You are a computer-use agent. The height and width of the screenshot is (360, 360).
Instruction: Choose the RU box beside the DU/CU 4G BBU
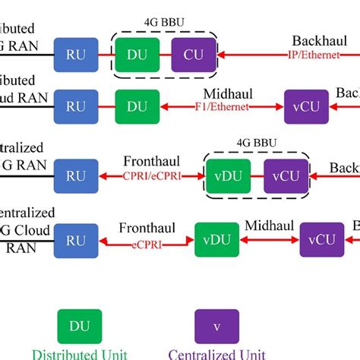pyautogui.click(x=76, y=55)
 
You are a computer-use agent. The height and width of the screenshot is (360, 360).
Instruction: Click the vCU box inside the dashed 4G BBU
pyautogui.click(x=286, y=176)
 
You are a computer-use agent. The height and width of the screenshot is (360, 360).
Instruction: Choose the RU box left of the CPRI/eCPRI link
pyautogui.click(x=76, y=176)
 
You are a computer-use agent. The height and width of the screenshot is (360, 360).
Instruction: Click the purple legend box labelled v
pyautogui.click(x=217, y=326)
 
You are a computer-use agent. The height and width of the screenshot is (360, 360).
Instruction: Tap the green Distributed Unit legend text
pyautogui.click(x=80, y=353)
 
